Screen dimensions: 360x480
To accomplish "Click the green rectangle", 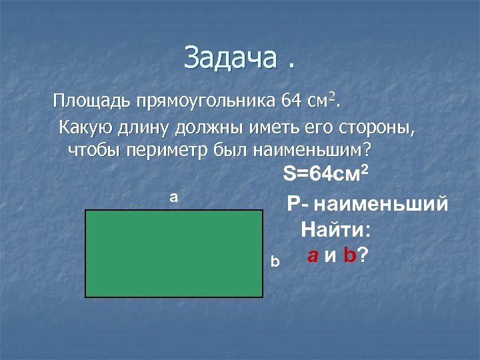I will (x=174, y=253).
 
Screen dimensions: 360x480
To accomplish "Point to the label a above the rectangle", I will (x=173, y=197).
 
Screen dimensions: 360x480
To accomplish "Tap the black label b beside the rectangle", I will (x=275, y=263).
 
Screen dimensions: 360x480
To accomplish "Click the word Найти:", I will (x=336, y=230).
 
